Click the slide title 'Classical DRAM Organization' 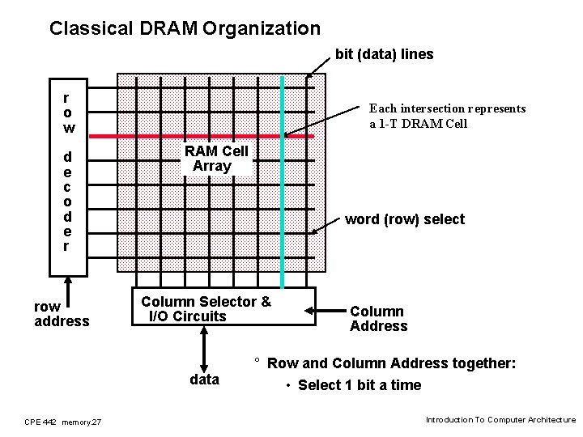[185, 29]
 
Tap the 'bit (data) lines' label [385, 54]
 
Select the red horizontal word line [202, 137]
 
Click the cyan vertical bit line [283, 202]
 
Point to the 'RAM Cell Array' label [215, 159]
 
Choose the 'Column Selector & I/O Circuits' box [222, 308]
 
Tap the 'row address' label [62, 314]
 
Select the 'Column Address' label [378, 319]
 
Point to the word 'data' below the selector [204, 380]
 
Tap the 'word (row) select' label [405, 219]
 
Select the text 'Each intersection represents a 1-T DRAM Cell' [447, 116]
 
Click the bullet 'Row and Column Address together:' [391, 364]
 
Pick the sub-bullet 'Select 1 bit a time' [360, 385]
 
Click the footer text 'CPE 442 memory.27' [63, 422]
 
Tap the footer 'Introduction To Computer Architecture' [500, 420]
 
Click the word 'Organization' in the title [262, 29]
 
